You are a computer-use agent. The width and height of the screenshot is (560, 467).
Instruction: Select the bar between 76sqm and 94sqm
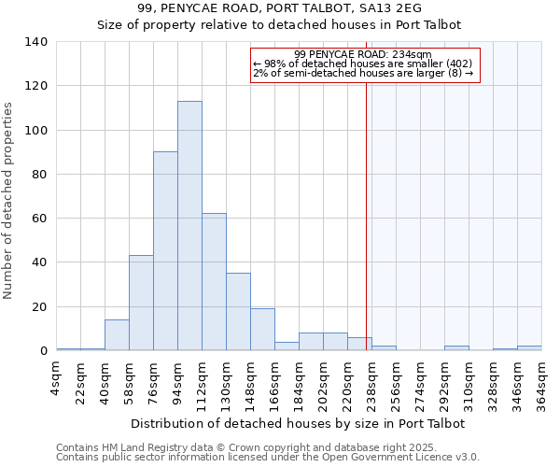[165, 251]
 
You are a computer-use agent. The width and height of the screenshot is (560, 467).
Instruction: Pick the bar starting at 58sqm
[141, 303]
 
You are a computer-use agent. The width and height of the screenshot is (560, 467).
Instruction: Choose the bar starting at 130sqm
[238, 312]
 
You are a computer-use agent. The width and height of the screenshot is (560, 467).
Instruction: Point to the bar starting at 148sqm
[262, 330]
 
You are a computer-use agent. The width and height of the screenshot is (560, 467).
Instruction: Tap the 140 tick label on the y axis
[36, 42]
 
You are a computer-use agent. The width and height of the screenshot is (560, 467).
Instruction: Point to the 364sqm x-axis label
[541, 385]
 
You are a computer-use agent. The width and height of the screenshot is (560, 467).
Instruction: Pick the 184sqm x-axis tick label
[300, 385]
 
